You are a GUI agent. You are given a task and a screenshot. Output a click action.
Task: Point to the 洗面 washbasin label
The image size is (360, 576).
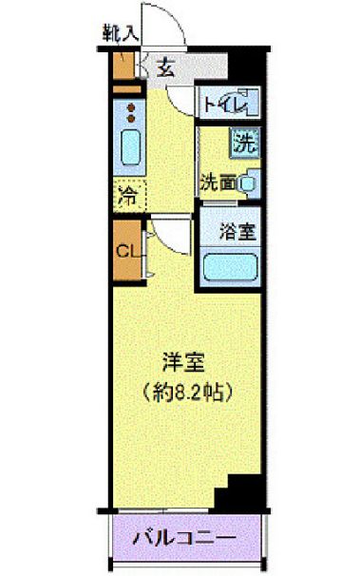[x=218, y=181]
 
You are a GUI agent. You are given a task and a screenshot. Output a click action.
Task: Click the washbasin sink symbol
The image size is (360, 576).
[x=248, y=181]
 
